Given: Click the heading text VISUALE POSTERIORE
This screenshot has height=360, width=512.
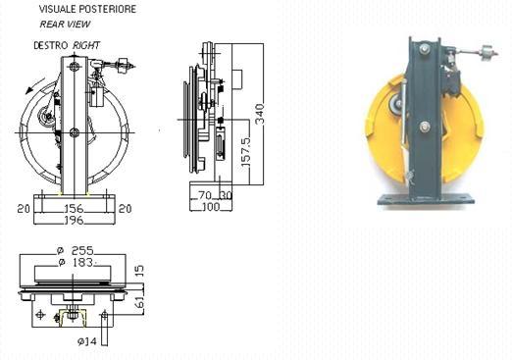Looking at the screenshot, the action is coord(87,9).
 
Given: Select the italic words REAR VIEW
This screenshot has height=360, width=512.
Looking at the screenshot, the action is coord(65,24).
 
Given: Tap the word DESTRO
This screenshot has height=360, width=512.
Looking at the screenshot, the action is coord(51,45).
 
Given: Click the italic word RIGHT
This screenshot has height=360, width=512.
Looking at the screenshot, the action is coord(86,45).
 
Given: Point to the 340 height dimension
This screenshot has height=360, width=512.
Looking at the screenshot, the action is coord(260,114).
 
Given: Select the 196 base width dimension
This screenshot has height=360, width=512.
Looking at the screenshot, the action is coord(74,220).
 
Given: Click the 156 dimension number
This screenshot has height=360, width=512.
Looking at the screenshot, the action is coord(74,208).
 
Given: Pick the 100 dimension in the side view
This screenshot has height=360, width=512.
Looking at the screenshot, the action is coord(211,207).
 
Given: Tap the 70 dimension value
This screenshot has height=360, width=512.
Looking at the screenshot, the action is coord(205,195).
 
